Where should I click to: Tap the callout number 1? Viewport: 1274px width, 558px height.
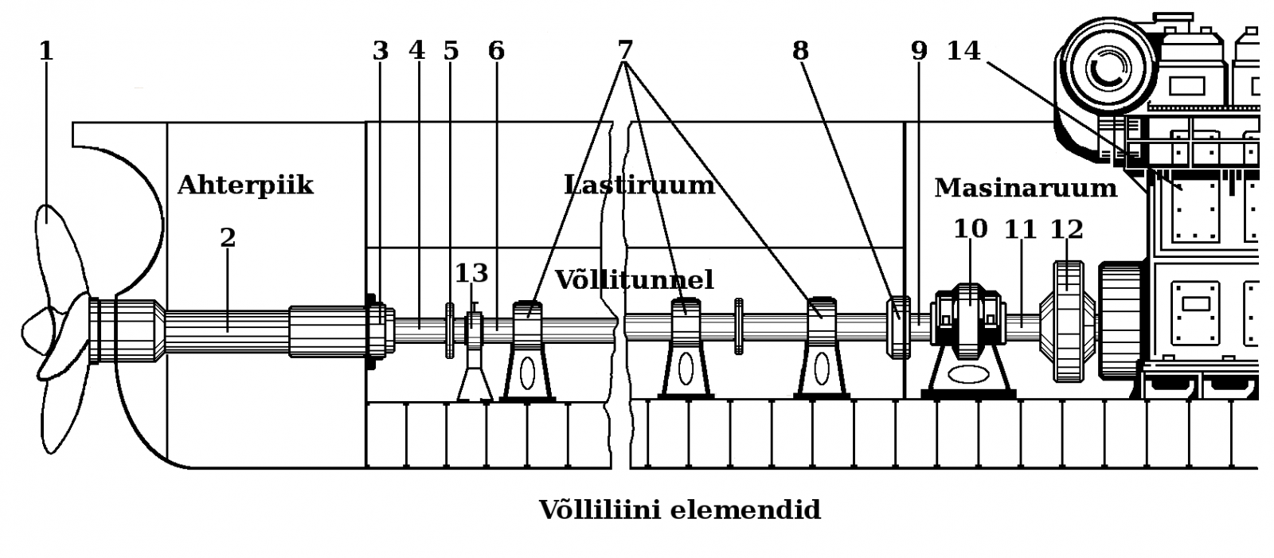(46, 51)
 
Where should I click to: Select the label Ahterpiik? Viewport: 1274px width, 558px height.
(245, 185)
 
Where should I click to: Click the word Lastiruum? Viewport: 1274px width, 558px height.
(639, 185)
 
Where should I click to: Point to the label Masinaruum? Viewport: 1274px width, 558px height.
(1026, 188)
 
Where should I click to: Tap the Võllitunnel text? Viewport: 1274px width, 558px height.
(634, 279)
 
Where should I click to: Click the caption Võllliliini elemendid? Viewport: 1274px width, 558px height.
(679, 509)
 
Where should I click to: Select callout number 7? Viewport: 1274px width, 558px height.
(625, 50)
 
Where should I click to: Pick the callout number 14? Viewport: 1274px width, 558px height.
(963, 50)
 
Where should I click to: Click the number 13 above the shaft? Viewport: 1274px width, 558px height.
(471, 273)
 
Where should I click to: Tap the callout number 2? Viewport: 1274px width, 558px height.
(228, 237)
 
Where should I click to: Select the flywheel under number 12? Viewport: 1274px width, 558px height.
(1067, 322)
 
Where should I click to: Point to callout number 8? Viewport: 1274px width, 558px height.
(800, 50)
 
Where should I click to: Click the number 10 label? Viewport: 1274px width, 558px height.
(971, 229)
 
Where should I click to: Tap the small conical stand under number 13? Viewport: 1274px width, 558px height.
(475, 374)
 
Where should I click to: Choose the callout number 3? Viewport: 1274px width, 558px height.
(381, 50)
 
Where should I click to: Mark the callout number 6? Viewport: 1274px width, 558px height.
(496, 50)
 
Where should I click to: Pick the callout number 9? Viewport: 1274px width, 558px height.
(920, 50)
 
